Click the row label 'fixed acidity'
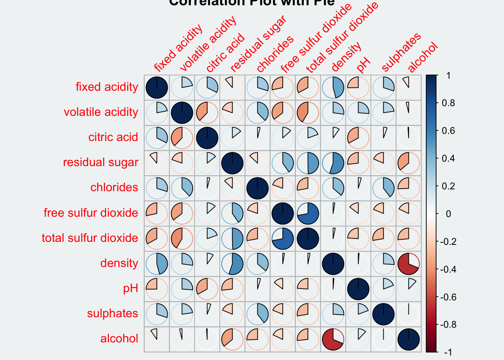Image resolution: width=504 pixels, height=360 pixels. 107,87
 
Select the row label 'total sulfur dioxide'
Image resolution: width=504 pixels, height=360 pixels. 90,238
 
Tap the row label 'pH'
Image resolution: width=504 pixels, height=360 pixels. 130,288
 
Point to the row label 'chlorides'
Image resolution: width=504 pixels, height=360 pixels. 114,187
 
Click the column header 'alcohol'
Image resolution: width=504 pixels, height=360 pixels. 423,57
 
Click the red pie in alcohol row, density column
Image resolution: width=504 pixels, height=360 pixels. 333,339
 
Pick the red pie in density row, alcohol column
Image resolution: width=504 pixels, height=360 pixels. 408,264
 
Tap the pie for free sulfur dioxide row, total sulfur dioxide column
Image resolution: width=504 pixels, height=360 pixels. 308,213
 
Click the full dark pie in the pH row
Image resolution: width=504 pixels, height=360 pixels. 358,289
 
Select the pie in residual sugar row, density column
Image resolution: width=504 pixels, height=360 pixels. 333,163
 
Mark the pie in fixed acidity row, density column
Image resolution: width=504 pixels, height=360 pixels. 333,87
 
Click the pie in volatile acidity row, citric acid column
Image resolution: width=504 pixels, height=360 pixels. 207,112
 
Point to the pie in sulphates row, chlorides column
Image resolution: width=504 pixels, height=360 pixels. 257,314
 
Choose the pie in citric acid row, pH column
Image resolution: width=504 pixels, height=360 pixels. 358,138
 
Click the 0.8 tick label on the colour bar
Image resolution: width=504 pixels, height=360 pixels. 448,103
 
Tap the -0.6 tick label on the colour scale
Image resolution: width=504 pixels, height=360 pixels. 448,297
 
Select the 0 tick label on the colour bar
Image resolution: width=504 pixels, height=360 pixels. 448,214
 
